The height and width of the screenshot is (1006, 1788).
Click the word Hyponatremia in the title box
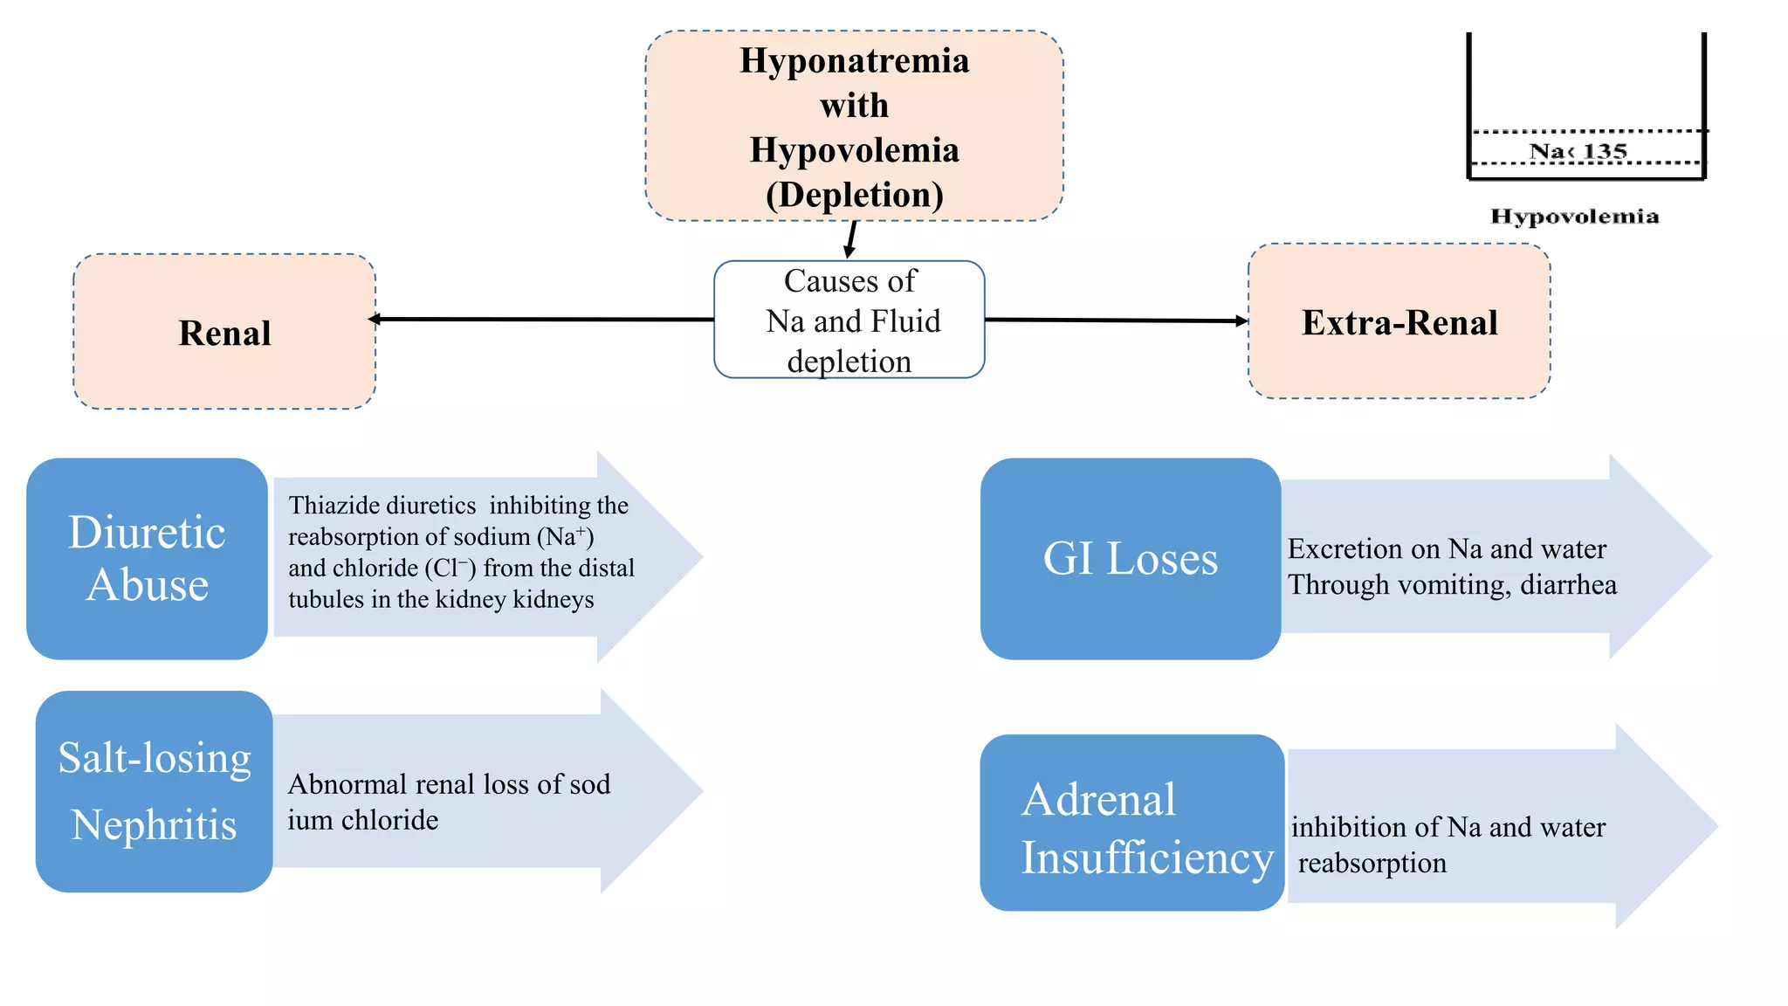855,61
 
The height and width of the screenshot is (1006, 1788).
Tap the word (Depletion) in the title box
855,194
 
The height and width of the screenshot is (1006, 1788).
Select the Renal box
224,332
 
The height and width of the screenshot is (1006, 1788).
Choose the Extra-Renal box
1399,321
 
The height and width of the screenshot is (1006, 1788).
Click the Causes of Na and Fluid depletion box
849,320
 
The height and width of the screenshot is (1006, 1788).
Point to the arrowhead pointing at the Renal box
374,319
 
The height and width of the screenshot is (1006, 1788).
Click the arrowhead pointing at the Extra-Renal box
1242,320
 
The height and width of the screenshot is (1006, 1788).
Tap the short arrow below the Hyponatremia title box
851,239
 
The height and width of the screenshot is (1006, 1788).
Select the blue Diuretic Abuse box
147,559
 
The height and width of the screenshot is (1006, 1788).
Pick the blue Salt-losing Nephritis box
155,791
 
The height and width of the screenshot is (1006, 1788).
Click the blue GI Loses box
1131,559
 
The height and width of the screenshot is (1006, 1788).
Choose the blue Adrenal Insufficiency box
1132,823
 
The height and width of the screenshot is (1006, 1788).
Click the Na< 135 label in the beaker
1578,151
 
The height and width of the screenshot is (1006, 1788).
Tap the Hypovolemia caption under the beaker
1575,217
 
